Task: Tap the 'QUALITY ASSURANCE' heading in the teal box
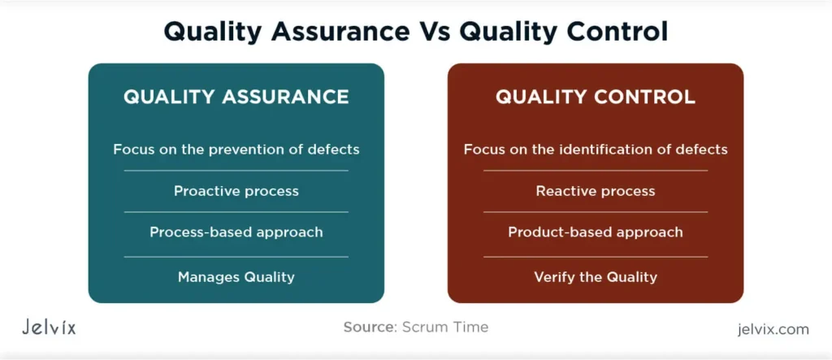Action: click(236, 98)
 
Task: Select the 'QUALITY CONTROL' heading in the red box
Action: click(596, 98)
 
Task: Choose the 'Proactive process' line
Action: click(236, 191)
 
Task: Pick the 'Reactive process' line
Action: click(596, 191)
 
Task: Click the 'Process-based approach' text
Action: click(236, 232)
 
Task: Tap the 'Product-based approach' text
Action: click(596, 232)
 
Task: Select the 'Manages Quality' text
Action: click(236, 276)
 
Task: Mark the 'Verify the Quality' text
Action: click(596, 276)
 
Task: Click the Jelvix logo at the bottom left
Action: click(49, 327)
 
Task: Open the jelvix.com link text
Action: click(773, 329)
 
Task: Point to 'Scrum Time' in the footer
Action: click(445, 327)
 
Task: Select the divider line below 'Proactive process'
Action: click(236, 212)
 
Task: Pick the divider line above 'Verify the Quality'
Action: click(596, 257)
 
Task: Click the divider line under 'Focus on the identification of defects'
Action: click(596, 171)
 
